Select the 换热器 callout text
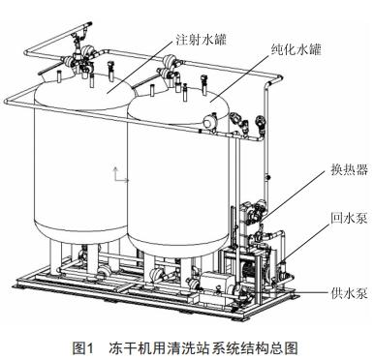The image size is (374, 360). pos(343,171)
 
